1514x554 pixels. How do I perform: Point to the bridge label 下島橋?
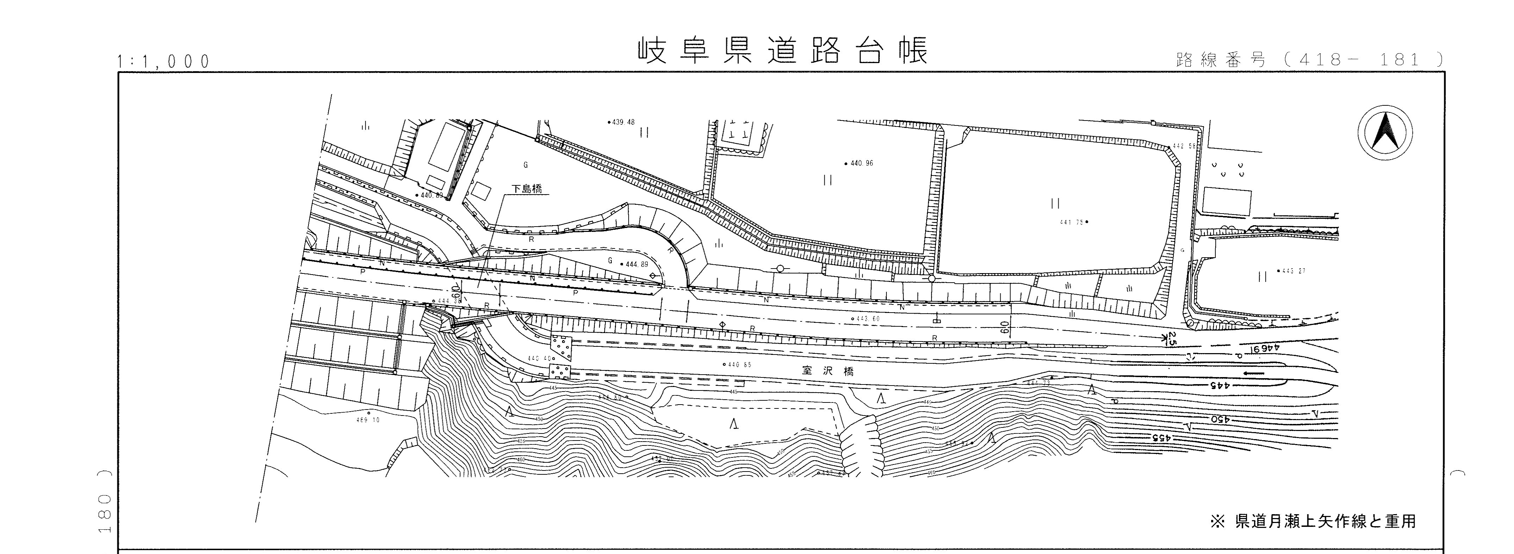click(526, 189)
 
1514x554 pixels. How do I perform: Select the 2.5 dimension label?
click(1171, 338)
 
